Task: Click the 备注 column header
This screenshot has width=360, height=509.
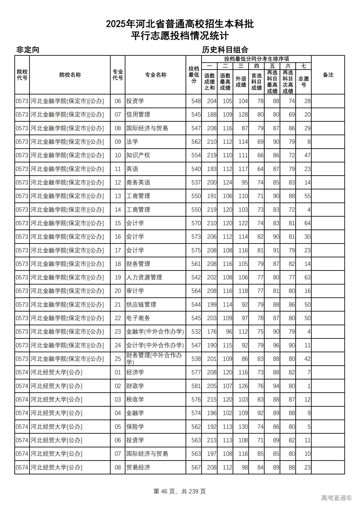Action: pos(328,75)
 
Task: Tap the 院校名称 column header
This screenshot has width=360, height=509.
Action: pos(70,75)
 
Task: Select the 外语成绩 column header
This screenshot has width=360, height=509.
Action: pos(241,82)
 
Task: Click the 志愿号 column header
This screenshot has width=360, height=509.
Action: pos(303,82)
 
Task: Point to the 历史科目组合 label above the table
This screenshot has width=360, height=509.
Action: pos(225,50)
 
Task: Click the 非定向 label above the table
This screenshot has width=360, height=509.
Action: pos(28,50)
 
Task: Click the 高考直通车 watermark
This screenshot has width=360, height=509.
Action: pos(336,498)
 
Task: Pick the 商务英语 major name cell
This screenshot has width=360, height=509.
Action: pos(138,183)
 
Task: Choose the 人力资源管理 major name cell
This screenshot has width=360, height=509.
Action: pos(144,277)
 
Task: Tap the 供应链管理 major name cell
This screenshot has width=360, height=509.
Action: pos(141,305)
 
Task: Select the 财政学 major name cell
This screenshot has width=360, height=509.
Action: pos(135,386)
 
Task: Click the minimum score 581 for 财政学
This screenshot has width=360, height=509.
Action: pos(196,386)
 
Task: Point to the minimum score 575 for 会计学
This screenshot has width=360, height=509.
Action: pos(196,250)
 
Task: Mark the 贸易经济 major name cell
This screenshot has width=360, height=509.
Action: pos(138,467)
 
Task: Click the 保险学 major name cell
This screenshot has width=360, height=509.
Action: pos(135,427)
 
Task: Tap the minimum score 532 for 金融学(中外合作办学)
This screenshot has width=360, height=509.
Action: pos(196,332)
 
